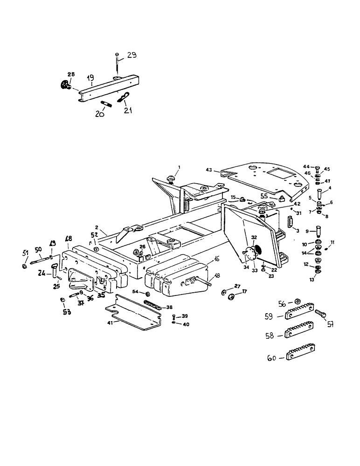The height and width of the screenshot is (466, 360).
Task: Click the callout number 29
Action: tap(132, 55)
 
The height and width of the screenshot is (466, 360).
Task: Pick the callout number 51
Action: tap(25, 253)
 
